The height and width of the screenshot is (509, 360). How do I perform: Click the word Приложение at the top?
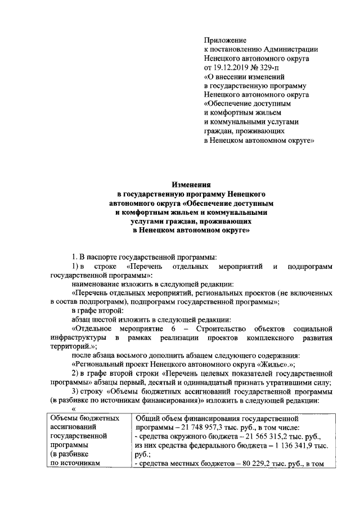225,40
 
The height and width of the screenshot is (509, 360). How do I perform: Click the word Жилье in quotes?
260,363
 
